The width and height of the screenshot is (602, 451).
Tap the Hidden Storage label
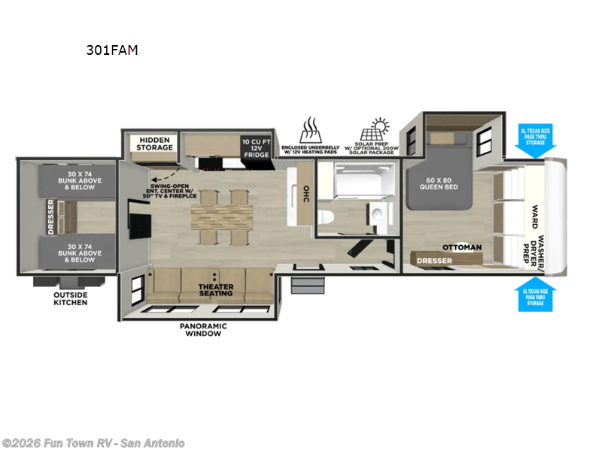tap(154, 143)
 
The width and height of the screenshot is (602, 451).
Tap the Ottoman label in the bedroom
tap(462, 247)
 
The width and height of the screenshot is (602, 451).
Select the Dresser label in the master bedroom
tap(435, 261)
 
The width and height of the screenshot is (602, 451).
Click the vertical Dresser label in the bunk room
tap(51, 217)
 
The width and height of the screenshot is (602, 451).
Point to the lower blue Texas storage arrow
tap(535, 295)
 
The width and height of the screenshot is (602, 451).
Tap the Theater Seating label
tap(216, 291)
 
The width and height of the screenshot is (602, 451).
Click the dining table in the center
tap(219, 217)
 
